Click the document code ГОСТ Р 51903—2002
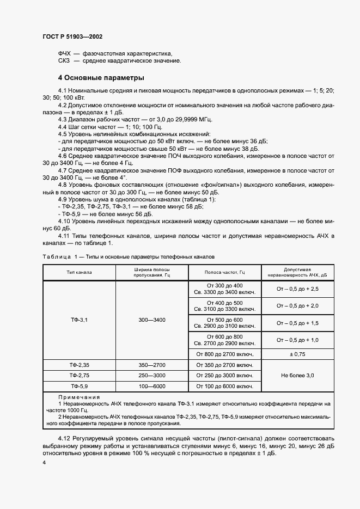[72, 36]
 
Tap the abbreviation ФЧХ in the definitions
[64, 53]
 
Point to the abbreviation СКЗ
[64, 60]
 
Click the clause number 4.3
[63, 119]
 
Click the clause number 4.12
[65, 438]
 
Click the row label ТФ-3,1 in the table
[80, 320]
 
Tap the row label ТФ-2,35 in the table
[80, 365]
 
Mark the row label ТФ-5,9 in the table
[80, 386]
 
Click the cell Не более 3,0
[297, 376]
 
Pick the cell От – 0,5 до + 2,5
[297, 289]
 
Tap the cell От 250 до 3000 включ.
[224, 376]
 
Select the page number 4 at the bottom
[44, 462]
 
